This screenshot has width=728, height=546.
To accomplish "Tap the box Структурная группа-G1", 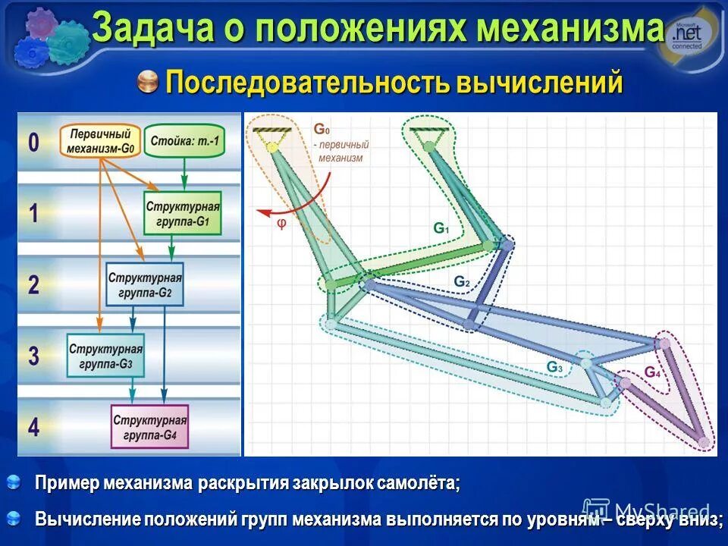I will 182,213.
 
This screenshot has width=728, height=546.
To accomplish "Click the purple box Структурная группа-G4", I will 150,427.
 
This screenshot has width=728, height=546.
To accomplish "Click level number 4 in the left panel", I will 34,427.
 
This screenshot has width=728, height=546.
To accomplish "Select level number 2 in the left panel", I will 34,284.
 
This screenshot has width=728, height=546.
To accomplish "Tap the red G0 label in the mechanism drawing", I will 322,130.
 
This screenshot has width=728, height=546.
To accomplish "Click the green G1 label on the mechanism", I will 441,227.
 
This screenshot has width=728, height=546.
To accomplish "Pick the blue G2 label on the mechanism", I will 462,281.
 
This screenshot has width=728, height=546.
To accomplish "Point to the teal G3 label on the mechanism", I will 555,367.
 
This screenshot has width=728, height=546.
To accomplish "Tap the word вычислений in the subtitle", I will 539,82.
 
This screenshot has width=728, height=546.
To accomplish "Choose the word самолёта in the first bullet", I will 416,484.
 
